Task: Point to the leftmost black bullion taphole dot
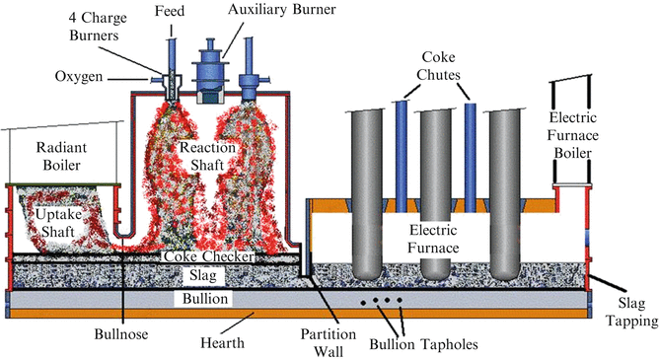pos(364,300)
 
